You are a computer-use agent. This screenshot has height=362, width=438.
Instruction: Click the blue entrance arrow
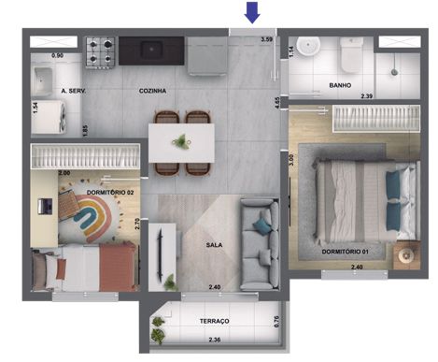(x=252, y=12)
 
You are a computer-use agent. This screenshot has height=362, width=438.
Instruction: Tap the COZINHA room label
(x=152, y=91)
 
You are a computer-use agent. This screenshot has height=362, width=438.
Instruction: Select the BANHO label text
(x=340, y=85)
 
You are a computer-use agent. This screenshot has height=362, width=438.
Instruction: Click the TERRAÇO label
(x=215, y=321)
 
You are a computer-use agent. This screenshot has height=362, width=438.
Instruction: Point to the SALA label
(x=214, y=245)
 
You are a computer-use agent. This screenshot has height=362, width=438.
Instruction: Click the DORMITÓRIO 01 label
(x=346, y=252)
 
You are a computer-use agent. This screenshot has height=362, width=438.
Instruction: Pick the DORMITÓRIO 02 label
(x=110, y=193)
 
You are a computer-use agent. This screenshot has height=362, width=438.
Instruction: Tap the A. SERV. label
(x=74, y=91)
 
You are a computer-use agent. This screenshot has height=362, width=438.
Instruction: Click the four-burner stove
(x=100, y=51)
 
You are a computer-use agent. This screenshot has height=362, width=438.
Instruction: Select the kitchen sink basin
(x=151, y=50)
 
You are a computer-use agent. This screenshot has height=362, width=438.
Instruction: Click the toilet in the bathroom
(x=351, y=54)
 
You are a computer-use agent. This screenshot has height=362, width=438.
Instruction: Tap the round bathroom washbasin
(x=308, y=46)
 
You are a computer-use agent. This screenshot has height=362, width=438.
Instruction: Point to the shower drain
(x=394, y=72)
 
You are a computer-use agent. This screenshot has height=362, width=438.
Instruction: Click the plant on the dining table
(x=181, y=142)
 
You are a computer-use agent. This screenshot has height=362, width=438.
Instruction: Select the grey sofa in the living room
(x=259, y=245)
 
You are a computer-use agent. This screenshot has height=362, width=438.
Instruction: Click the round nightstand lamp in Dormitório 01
(x=406, y=255)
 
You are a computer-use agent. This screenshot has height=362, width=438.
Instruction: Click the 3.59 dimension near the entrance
(x=267, y=39)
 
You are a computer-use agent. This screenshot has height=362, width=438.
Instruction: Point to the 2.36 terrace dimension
(x=215, y=340)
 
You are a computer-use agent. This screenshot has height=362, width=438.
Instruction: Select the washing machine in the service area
(x=49, y=117)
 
